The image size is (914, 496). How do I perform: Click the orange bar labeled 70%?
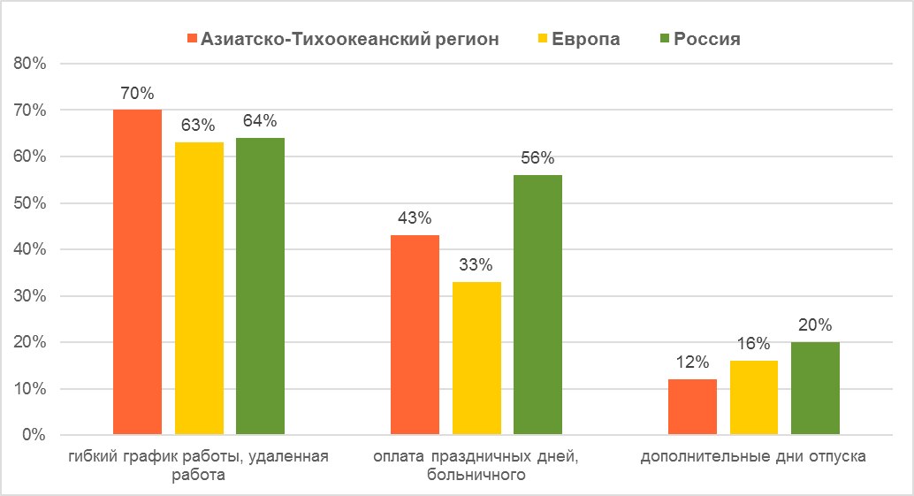click(137, 272)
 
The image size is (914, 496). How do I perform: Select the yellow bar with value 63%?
click(199, 288)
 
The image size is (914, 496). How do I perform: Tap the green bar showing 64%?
click(260, 286)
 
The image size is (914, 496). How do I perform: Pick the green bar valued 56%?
click(537, 305)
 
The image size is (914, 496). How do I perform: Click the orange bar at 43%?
click(415, 335)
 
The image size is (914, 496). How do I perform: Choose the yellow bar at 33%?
click(476, 358)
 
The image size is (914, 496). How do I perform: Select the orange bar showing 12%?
click(692, 407)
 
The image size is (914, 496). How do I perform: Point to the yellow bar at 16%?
click(754, 398)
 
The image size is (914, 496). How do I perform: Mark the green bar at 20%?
click(815, 388)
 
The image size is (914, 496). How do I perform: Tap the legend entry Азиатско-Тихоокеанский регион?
click(350, 39)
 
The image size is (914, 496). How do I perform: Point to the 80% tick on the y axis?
click(33, 64)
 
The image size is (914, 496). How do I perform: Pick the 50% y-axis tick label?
click(33, 203)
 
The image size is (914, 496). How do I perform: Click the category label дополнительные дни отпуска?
click(753, 457)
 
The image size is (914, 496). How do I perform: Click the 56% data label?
click(537, 158)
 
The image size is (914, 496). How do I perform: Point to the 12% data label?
click(692, 362)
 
